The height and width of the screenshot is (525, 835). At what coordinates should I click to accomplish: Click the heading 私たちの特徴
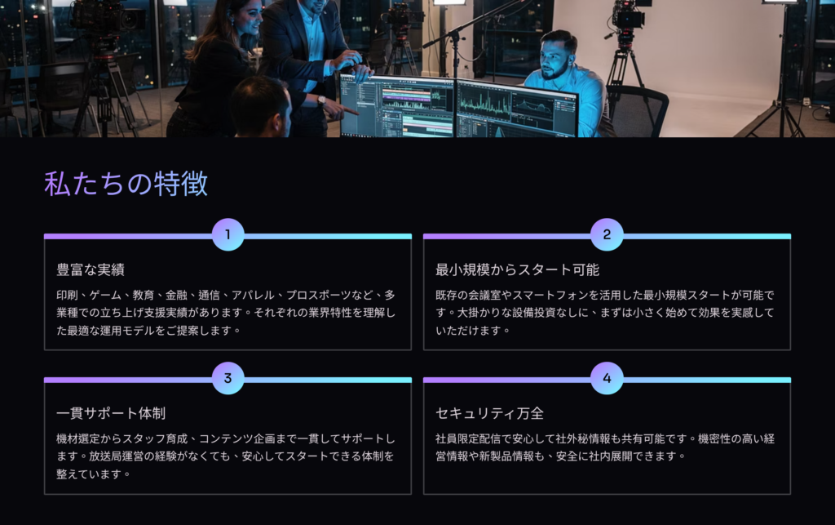(126, 184)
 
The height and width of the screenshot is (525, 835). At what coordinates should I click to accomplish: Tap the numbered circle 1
(228, 234)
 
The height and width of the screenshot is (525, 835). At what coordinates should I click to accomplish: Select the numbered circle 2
(607, 234)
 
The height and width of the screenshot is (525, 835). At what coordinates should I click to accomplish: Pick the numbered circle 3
(228, 378)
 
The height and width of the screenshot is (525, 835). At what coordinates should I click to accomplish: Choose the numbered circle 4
(607, 378)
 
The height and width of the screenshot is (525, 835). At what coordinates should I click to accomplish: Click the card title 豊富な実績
(91, 269)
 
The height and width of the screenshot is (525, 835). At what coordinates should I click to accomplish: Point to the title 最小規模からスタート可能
(517, 269)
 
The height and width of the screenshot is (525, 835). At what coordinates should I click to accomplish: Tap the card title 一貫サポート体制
(111, 413)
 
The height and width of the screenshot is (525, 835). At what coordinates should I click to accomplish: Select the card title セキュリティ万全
(489, 413)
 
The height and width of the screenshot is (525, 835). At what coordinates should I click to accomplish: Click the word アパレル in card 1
(253, 295)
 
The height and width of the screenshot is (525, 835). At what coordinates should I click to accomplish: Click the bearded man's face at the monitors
(554, 61)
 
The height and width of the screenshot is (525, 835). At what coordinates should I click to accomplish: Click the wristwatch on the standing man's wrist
(321, 100)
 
